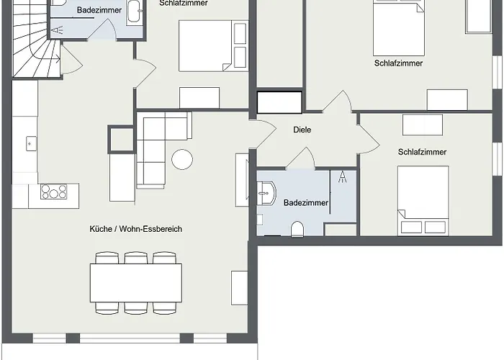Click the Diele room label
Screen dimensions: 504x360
pyautogui.click(x=302, y=130)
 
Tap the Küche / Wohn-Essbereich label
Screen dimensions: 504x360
pyautogui.click(x=135, y=229)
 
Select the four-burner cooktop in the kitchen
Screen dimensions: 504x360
pyautogui.click(x=54, y=192)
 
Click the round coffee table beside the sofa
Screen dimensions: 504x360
pyautogui.click(x=182, y=159)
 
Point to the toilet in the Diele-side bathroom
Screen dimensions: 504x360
pyautogui.click(x=297, y=229)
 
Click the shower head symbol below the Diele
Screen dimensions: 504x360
pyautogui.click(x=342, y=177)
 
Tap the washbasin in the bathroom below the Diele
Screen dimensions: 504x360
pyautogui.click(x=266, y=193)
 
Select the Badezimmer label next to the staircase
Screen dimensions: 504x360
pyautogui.click(x=99, y=10)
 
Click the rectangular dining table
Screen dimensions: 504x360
pyautogui.click(x=136, y=283)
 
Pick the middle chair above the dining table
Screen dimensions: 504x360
pyautogui.click(x=136, y=258)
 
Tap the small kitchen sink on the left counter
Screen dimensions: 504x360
pyautogui.click(x=31, y=144)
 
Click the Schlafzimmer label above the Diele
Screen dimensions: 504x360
pyautogui.click(x=398, y=63)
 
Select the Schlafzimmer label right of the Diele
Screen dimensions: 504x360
pyautogui.click(x=422, y=152)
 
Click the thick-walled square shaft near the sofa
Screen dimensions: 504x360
pyautogui.click(x=121, y=139)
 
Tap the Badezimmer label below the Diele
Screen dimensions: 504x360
pyautogui.click(x=306, y=203)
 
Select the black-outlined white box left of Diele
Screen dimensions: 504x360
pyautogui.click(x=279, y=102)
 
